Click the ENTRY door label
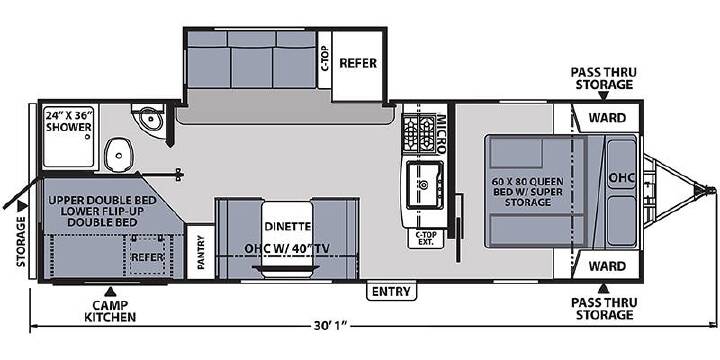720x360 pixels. (x=392, y=291)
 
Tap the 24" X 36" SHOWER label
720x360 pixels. (x=69, y=120)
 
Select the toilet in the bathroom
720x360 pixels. (x=118, y=155)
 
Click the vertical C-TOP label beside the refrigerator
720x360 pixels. (x=325, y=59)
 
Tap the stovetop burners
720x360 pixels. (x=419, y=133)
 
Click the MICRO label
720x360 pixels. (x=440, y=133)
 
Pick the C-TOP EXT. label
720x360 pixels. (x=426, y=238)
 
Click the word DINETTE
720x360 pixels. (x=287, y=226)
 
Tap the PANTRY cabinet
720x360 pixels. (x=201, y=252)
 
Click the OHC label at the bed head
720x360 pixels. (x=621, y=178)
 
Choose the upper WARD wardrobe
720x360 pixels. (x=607, y=118)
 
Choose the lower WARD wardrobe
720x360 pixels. (x=607, y=265)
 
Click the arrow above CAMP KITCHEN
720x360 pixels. (x=109, y=292)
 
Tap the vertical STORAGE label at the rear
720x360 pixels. (x=22, y=242)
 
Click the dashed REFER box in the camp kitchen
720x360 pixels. (x=147, y=257)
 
